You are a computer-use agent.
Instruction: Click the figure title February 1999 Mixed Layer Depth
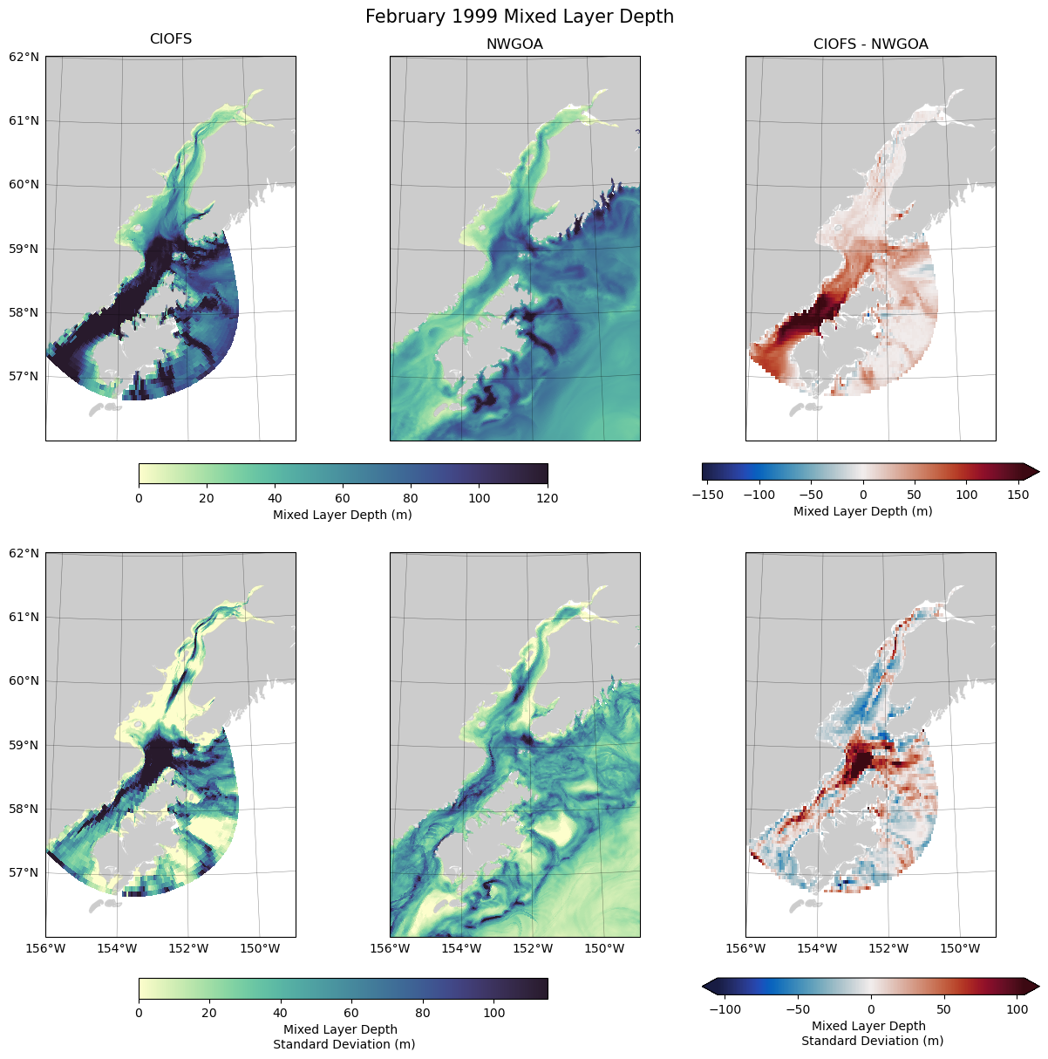coord(519,17)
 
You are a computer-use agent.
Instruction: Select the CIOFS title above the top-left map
coord(171,39)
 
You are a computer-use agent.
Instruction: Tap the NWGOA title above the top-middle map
coord(514,44)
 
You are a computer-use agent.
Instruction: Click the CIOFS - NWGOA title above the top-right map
coord(870,44)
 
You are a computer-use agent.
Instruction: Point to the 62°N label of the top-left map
coord(24,57)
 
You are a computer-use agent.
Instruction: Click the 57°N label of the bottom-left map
coord(24,872)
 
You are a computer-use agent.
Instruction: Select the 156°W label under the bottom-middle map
coord(390,948)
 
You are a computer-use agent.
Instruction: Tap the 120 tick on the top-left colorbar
coord(548,498)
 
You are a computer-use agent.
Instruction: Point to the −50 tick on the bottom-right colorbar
coord(798,1009)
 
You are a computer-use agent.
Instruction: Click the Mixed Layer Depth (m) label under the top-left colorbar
coord(342,515)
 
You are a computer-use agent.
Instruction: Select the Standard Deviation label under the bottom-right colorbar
coord(872,1041)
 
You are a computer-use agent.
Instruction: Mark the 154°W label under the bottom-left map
coord(117,948)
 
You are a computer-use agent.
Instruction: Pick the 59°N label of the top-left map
coord(24,249)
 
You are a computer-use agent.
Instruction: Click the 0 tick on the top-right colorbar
coord(863,495)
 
